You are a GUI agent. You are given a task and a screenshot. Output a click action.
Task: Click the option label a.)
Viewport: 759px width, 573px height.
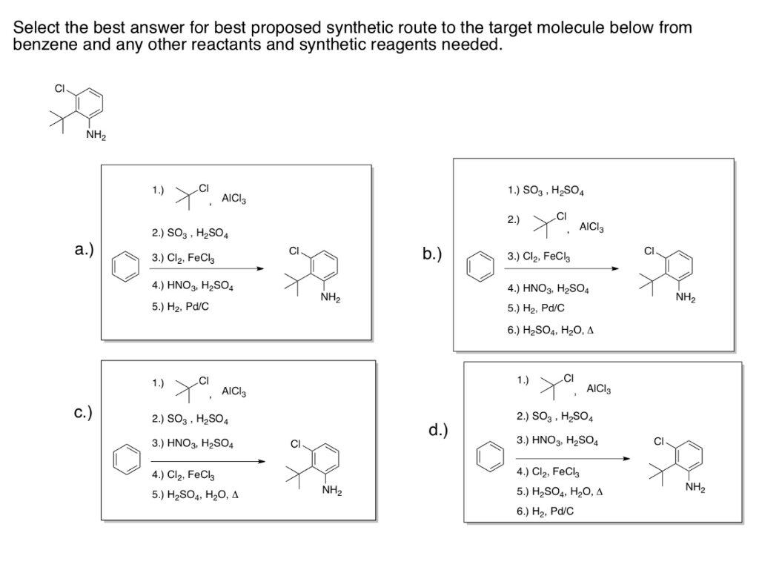point(84,250)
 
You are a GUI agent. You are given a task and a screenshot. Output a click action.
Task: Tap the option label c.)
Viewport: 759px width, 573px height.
point(83,413)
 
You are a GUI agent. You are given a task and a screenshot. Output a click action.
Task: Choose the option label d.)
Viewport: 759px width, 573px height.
point(438,431)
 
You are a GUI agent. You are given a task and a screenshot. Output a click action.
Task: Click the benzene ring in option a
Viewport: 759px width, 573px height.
point(125,268)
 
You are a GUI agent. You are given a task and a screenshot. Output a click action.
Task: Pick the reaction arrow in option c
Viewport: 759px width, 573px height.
point(207,460)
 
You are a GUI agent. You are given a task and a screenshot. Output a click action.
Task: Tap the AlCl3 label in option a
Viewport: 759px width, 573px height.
point(234,198)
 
